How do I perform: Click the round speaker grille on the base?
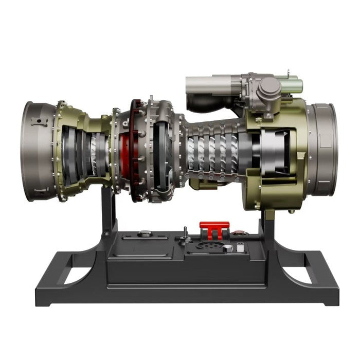tap(211, 247)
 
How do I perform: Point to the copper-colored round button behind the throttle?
tap(237, 234)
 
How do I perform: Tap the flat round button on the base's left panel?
tap(145, 233)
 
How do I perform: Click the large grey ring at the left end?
tap(39, 152)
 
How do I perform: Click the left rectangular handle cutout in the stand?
tap(77, 275)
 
